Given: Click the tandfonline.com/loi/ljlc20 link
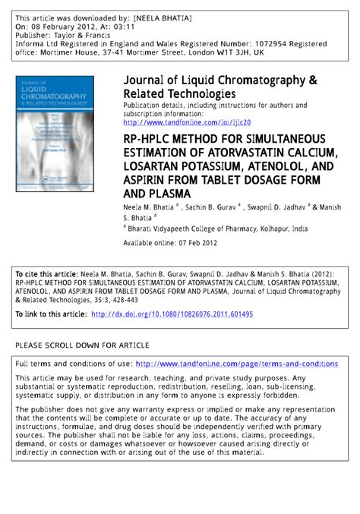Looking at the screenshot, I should coord(186,122).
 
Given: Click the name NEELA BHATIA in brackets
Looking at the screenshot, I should coord(172,17).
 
